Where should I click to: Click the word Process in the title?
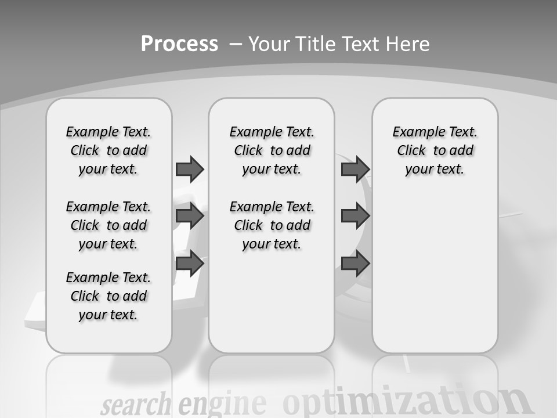(x=179, y=44)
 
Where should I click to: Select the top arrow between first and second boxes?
(x=190, y=169)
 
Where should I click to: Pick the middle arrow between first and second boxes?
(x=190, y=216)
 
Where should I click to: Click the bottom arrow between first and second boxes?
(x=190, y=263)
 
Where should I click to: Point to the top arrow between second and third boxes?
(x=355, y=169)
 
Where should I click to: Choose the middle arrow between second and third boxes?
(x=355, y=216)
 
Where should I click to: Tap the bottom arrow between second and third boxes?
(x=355, y=263)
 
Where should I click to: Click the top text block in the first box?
(x=108, y=150)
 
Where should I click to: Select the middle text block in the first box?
(x=108, y=225)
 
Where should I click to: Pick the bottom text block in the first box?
(x=108, y=296)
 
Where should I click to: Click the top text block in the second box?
(x=272, y=150)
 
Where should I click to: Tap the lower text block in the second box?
(x=272, y=225)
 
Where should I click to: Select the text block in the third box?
(x=435, y=150)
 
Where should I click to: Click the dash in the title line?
(x=236, y=44)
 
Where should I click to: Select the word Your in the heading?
(x=269, y=44)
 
